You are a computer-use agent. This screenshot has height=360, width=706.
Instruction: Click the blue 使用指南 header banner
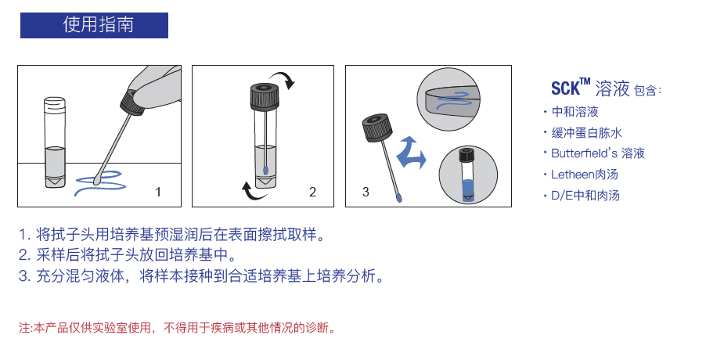click(x=94, y=24)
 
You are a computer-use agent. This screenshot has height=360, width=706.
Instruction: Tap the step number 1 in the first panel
click(x=158, y=192)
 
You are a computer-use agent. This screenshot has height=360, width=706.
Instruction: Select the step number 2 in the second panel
click(x=312, y=192)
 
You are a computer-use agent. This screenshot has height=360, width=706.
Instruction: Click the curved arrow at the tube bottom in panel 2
click(x=249, y=190)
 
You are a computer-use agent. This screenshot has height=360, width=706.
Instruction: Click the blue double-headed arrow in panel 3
click(x=410, y=152)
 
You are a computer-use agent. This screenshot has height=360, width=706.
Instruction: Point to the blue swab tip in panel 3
click(x=400, y=198)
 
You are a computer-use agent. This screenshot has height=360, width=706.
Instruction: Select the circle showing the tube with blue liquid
click(x=467, y=176)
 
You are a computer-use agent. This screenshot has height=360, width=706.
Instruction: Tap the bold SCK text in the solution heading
click(x=564, y=88)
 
